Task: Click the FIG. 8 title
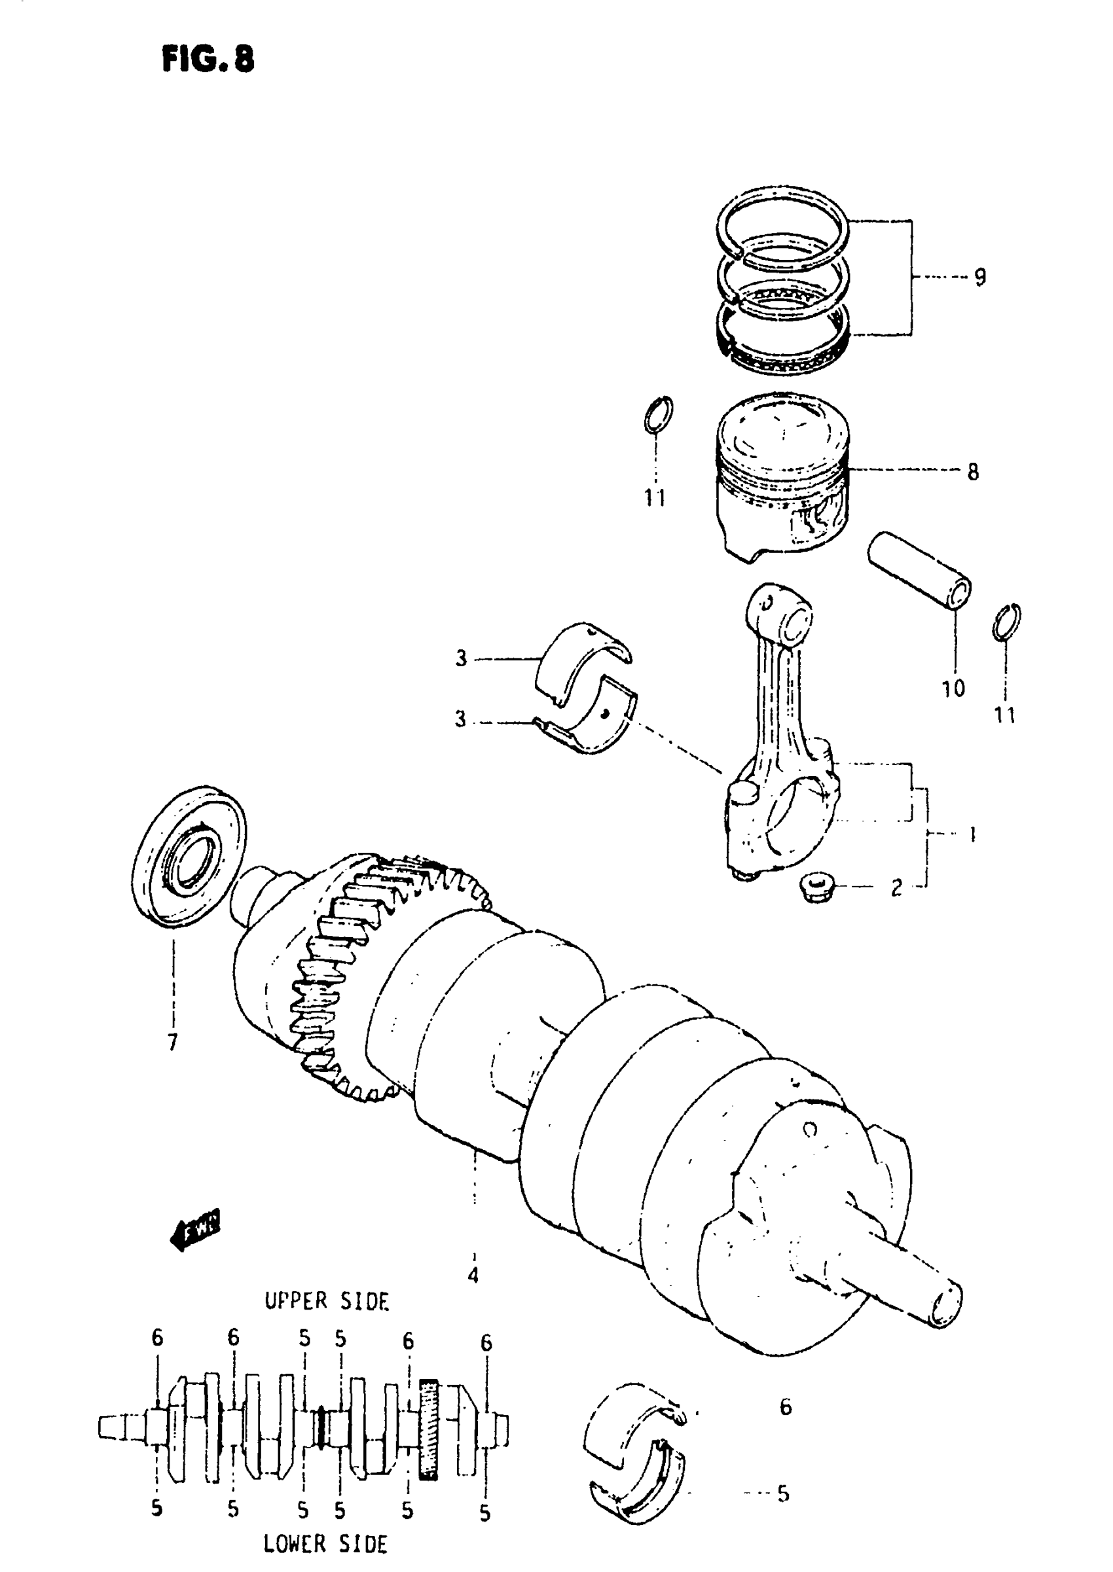pyautogui.click(x=208, y=60)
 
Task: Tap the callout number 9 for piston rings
pyautogui.click(x=979, y=277)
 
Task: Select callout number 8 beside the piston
pyautogui.click(x=972, y=472)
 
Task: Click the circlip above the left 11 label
pyautogui.click(x=658, y=414)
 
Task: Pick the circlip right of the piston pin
pyautogui.click(x=1006, y=622)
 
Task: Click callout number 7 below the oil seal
pyautogui.click(x=172, y=1042)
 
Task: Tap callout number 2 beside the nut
pyautogui.click(x=896, y=888)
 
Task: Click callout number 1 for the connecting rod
pyautogui.click(x=972, y=834)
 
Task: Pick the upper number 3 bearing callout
pyautogui.click(x=460, y=659)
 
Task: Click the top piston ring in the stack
pyautogui.click(x=780, y=223)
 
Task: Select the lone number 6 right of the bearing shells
pyautogui.click(x=786, y=1408)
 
